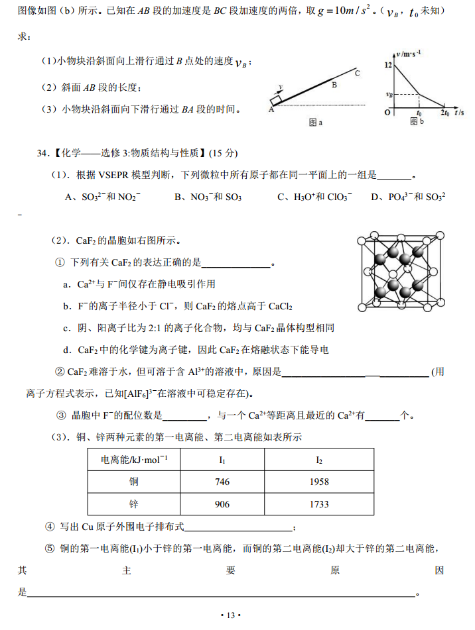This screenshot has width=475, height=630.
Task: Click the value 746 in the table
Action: coord(222,482)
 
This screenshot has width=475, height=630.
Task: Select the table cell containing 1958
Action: coord(319,482)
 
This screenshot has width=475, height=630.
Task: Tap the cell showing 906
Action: coord(222,504)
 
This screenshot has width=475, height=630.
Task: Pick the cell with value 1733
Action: coord(319,504)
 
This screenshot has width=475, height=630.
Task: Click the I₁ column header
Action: coord(222,459)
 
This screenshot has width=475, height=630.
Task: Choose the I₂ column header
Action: coord(319,459)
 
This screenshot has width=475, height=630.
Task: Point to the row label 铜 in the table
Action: coord(134,482)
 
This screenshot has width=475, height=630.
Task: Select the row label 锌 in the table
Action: coord(134,504)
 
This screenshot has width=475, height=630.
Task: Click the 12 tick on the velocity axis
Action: coord(388,65)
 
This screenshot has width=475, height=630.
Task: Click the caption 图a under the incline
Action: coord(316,122)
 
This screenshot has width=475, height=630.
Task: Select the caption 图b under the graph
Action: coord(416,121)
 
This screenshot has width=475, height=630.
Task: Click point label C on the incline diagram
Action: coord(357,73)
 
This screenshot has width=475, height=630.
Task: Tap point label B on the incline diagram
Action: coord(334,85)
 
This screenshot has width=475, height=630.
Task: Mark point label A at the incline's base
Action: coord(271,110)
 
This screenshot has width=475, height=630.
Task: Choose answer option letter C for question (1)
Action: coord(281,197)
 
